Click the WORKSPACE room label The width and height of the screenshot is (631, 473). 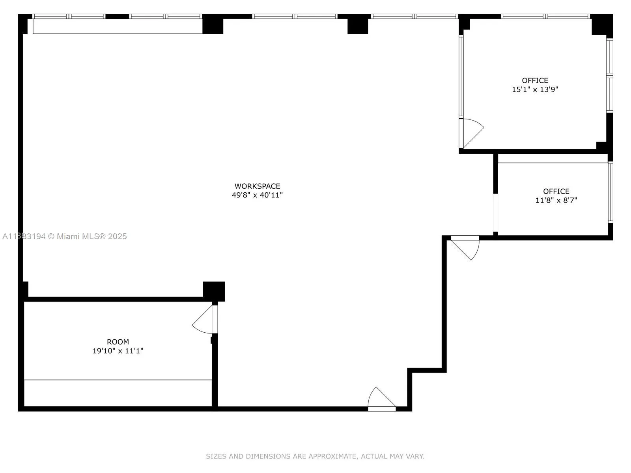(257, 186)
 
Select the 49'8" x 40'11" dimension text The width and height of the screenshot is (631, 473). (257, 195)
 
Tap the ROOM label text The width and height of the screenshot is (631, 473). (118, 342)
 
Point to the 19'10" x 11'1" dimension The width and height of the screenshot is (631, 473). (118, 351)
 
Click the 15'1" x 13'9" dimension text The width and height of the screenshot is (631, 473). (535, 89)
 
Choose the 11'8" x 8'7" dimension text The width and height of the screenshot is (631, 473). (556, 200)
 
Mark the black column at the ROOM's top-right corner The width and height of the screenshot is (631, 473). (214, 291)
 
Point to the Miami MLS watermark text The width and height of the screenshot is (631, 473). (65, 236)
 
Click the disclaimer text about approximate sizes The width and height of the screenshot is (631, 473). (315, 456)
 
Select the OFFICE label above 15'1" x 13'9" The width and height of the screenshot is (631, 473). (535, 80)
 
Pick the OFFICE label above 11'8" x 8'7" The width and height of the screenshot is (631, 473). (556, 191)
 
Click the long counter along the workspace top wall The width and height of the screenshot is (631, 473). (118, 26)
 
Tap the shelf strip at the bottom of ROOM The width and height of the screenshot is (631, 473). (118, 393)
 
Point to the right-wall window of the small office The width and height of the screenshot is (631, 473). (610, 192)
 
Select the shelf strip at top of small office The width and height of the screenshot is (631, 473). (552, 158)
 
